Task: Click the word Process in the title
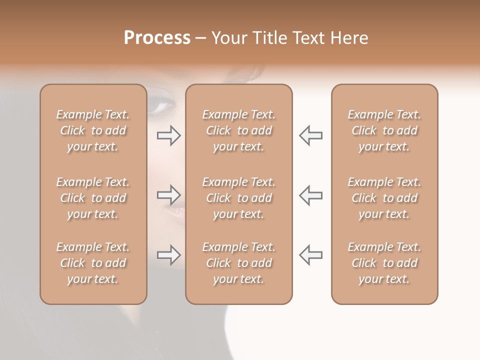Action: pos(157,38)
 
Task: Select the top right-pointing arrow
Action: pos(169,135)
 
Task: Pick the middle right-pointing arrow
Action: pos(169,195)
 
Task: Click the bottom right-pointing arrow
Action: pos(169,255)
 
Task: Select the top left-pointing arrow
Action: pos(310,135)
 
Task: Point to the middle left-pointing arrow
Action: pos(310,195)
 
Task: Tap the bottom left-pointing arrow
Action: pos(310,255)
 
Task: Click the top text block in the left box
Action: pos(93,130)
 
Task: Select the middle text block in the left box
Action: pos(93,198)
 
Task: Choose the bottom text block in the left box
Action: pos(93,263)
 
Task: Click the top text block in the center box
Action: pos(238,130)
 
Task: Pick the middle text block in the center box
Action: pos(238,198)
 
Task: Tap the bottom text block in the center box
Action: pos(238,263)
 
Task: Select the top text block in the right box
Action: pos(384,130)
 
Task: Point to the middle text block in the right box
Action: pos(384,198)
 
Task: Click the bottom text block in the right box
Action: pos(384,263)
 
